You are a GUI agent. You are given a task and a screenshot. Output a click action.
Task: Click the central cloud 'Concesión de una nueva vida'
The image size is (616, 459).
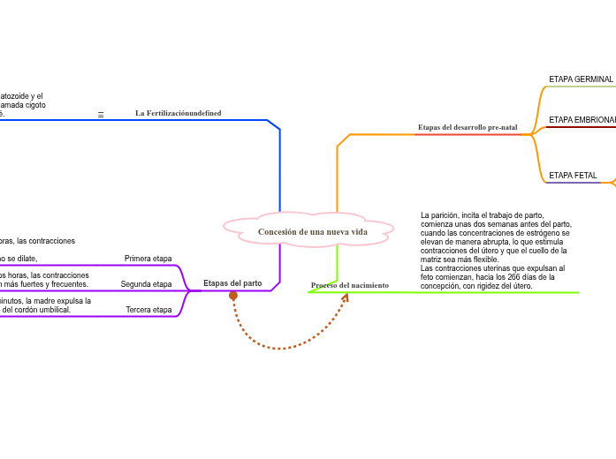[x=313, y=232]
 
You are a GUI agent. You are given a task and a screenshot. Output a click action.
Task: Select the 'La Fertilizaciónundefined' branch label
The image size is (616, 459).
[x=178, y=113]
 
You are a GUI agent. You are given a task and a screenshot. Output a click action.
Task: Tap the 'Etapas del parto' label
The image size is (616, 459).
[x=232, y=283]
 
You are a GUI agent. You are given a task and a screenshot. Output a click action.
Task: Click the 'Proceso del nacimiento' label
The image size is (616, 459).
[x=350, y=285]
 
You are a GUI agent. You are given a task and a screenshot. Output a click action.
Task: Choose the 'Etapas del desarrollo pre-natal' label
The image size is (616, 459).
[x=468, y=127]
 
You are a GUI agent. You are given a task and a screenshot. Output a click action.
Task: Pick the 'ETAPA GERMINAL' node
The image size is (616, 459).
[x=581, y=79]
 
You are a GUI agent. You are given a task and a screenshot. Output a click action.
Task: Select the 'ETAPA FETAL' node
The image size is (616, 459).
[x=573, y=176]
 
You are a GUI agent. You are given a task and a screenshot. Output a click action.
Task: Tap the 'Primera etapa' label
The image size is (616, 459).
[x=148, y=259]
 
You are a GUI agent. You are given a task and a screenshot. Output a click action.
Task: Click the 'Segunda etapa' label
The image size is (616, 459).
[x=147, y=284]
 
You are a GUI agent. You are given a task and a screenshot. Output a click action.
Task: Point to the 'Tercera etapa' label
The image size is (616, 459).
[x=148, y=310]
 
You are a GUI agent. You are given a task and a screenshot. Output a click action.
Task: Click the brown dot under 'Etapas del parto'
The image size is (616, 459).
[x=233, y=296]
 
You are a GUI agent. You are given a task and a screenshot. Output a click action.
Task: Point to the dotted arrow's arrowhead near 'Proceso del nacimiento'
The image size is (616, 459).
[x=346, y=297]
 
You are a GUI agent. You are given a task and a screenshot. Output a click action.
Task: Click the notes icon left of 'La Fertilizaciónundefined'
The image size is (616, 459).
[x=101, y=115]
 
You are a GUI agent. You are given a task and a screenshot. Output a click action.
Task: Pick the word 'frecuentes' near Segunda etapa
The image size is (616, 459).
[x=68, y=284]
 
